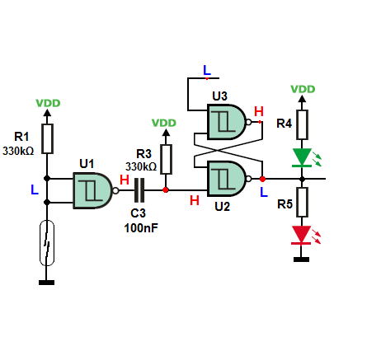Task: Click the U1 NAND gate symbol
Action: (93, 190)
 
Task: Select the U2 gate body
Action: (226, 179)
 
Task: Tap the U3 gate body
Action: (226, 122)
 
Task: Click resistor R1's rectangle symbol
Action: (47, 138)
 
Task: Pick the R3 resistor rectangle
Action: (166, 159)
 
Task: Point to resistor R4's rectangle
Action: (302, 124)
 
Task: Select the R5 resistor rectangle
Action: (302, 202)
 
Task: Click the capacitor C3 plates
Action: (139, 190)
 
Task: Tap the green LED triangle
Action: (302, 157)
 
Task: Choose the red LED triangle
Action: (302, 235)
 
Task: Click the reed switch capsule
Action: (47, 243)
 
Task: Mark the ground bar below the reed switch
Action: (46, 283)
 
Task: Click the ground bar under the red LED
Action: (301, 259)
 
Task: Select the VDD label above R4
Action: (303, 89)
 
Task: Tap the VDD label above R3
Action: (164, 123)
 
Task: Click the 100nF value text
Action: (141, 228)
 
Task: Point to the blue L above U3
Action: (207, 70)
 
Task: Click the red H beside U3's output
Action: (259, 111)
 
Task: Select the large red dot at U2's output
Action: (262, 179)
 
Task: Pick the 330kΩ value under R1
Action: (18, 151)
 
